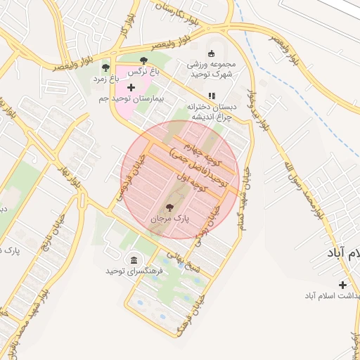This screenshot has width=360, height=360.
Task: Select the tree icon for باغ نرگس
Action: tap(144, 60)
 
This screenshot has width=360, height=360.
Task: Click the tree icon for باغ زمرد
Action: tap(105, 68)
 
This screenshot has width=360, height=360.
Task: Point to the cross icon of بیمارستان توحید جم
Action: tap(131, 86)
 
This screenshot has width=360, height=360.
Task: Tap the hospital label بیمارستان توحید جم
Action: tap(139, 101)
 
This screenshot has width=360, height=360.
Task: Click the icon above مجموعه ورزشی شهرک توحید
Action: tap(212, 53)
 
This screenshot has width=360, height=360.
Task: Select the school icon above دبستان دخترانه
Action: tap(211, 96)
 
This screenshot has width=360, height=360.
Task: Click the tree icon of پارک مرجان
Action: tap(169, 207)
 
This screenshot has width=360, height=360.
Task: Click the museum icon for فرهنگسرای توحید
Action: tap(133, 259)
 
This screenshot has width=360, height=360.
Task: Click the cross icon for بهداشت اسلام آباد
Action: tap(342, 285)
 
